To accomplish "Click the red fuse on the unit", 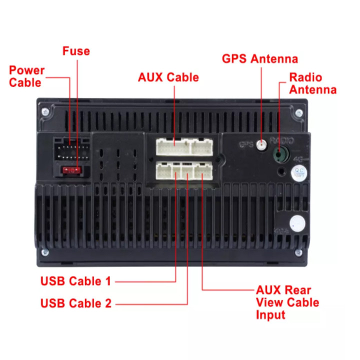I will point(71,170).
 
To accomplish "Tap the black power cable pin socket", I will point(72,149).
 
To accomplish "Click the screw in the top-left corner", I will point(45,111).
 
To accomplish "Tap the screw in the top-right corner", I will point(299,112).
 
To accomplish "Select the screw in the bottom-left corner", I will point(45,251).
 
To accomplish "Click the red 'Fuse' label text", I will point(76,51).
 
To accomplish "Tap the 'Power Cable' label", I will point(26,76).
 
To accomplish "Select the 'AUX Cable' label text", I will point(168,77).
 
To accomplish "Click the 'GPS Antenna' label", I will point(260,59).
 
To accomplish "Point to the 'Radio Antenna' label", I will point(312,84).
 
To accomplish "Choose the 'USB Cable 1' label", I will point(75,281).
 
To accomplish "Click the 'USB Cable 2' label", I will point(76,303).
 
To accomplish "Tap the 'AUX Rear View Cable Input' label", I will point(287,302).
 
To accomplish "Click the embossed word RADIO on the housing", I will point(281,140).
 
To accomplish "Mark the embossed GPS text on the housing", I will point(246,145).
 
